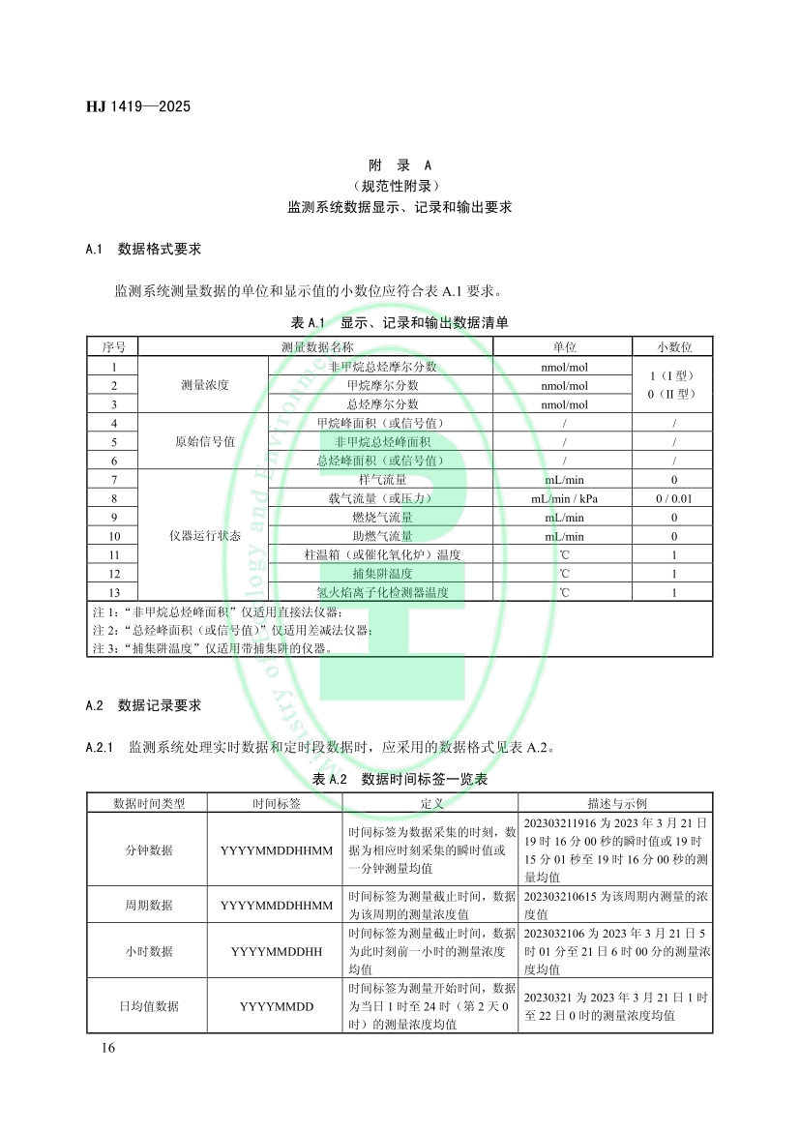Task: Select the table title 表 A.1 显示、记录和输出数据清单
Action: [x=400, y=321]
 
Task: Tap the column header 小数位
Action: [x=673, y=347]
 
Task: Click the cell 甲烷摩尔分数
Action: [x=382, y=385]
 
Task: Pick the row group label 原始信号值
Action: [x=204, y=442]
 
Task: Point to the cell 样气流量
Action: [x=382, y=479]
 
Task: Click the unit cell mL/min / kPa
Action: [x=563, y=498]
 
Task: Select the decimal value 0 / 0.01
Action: [x=673, y=498]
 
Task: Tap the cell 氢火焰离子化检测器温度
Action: [x=382, y=592]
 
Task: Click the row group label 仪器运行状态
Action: [x=204, y=535]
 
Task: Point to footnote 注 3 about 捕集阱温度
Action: [x=212, y=648]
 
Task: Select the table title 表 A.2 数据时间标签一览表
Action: [x=400, y=779]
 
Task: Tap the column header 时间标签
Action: [x=276, y=803]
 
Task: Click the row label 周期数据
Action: [x=149, y=906]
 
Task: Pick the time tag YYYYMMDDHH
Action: [x=276, y=952]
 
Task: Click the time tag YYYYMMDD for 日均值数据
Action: [x=276, y=1007]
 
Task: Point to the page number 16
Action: [x=106, y=1049]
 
